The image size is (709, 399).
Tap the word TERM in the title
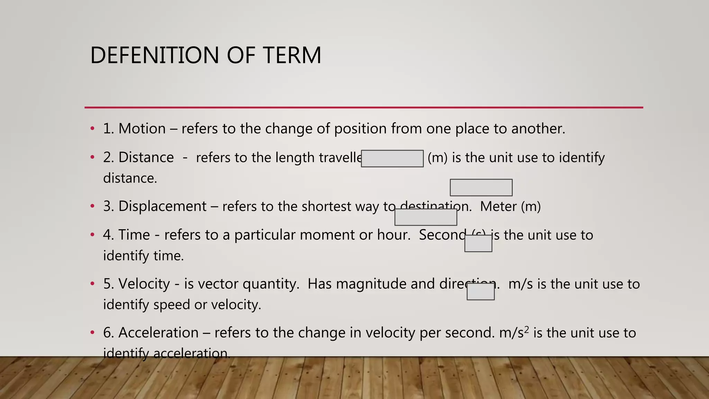coord(292,55)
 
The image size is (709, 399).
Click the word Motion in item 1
coord(142,128)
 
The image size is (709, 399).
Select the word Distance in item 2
coord(146,157)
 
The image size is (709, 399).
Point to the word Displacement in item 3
coord(162,206)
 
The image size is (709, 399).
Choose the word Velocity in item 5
coord(144,284)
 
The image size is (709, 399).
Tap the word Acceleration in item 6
coord(158,332)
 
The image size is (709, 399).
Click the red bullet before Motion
coord(92,129)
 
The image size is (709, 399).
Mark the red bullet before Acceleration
coord(92,333)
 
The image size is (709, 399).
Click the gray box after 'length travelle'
coord(392,159)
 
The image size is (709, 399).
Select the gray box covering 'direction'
coord(481,292)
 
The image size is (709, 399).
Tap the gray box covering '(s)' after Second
coord(478,243)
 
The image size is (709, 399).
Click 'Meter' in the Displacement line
coord(498,206)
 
